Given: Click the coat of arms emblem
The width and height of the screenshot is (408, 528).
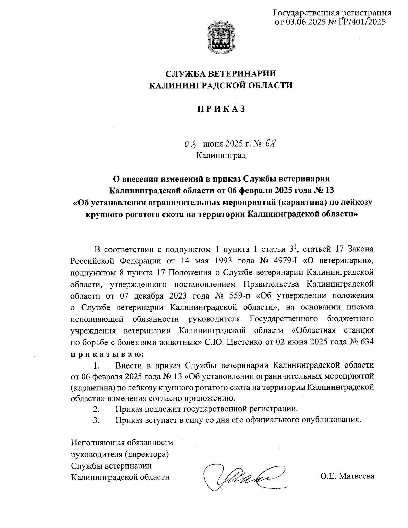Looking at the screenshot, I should [220, 37].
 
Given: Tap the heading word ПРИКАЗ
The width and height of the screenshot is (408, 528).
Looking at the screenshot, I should [221, 109].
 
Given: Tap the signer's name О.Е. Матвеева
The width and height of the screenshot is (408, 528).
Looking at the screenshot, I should [347, 476].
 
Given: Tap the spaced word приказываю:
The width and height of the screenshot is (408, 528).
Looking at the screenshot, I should [107, 354].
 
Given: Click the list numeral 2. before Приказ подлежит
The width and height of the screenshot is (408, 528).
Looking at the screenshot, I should [97, 408].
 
